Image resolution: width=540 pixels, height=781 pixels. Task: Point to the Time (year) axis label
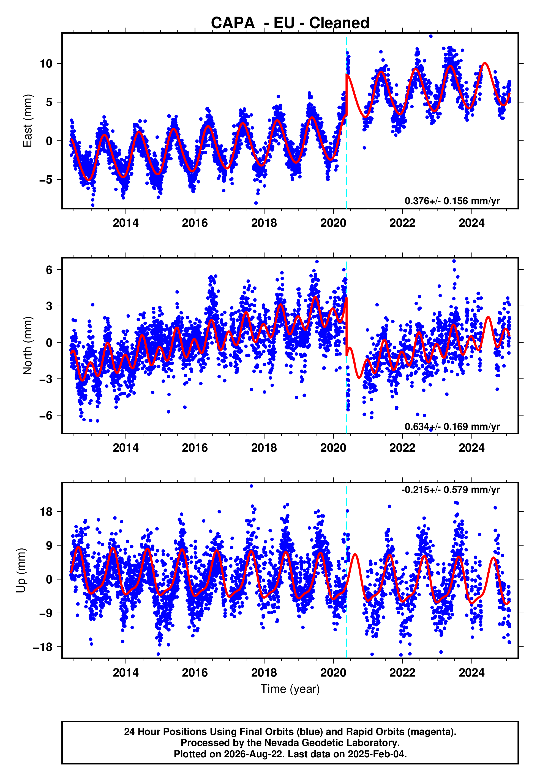pos(290,689)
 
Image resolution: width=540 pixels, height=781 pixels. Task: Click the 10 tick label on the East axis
pos(46,64)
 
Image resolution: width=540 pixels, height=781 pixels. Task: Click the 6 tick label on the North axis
pos(49,270)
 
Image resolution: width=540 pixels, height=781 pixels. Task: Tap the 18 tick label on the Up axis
pos(46,512)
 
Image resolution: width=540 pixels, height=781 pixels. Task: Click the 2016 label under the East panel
pos(195,223)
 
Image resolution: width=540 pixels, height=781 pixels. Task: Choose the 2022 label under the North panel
pos(402,448)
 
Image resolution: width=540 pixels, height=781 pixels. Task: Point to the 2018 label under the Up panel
pos(264,673)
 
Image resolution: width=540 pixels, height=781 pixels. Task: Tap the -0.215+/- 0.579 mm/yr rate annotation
pos(450,490)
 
